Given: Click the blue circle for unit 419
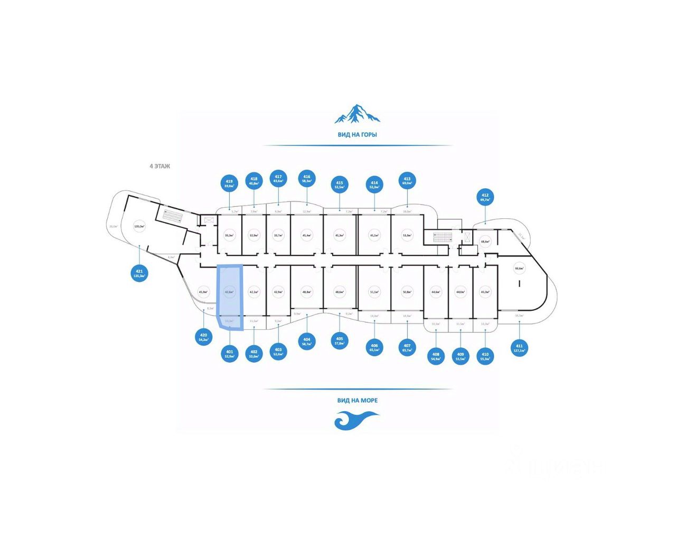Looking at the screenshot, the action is coord(229,183).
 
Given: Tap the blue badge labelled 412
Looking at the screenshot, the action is coord(485,197).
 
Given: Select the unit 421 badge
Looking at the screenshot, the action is coord(139,273).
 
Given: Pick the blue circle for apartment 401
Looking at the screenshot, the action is coord(229,354).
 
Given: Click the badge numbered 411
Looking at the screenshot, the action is coord(519,348).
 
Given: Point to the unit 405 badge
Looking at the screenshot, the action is coord(340,340).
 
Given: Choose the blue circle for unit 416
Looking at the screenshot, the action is coord(307,179).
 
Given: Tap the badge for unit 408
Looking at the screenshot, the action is coord(436,356).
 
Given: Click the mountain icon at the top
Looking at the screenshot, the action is coord(357,114).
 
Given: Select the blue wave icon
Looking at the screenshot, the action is coord(357,420).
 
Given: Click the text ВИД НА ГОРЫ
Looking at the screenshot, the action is coord(357,135).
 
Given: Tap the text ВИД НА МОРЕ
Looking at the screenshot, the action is coord(357,400).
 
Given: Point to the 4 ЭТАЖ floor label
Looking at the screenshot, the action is coord(160,166).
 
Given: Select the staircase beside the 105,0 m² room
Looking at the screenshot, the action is coord(172,216).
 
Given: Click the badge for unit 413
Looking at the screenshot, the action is coord(407,181).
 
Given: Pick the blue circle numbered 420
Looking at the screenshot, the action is coord(204,337).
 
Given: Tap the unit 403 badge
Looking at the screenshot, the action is coord(278,352).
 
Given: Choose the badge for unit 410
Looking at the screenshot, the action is coord(485,356).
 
